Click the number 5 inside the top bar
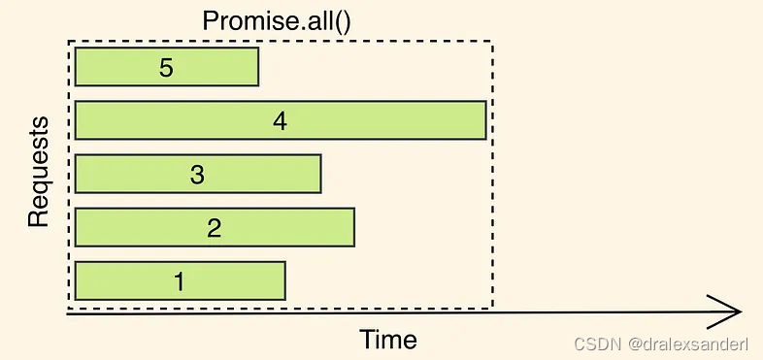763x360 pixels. point(167,68)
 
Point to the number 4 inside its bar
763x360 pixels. point(281,121)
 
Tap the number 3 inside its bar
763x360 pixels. point(197,175)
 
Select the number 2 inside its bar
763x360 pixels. point(215,228)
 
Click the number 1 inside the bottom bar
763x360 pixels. point(180,281)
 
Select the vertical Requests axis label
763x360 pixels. point(38,172)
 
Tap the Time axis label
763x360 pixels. point(388,340)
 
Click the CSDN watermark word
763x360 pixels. point(594,344)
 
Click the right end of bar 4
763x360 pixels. point(483,120)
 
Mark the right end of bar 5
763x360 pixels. point(256,67)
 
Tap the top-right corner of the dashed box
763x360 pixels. point(492,42)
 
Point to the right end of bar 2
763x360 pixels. point(352,227)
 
